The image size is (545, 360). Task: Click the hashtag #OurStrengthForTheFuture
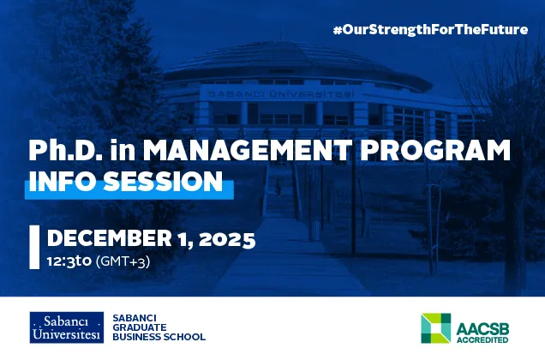coord(429,29)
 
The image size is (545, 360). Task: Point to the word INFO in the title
coord(61,181)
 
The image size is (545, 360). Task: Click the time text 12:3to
coord(69,261)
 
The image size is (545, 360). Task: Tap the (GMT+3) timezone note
coord(123,261)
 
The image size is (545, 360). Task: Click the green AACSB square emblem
coord(435,327)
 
